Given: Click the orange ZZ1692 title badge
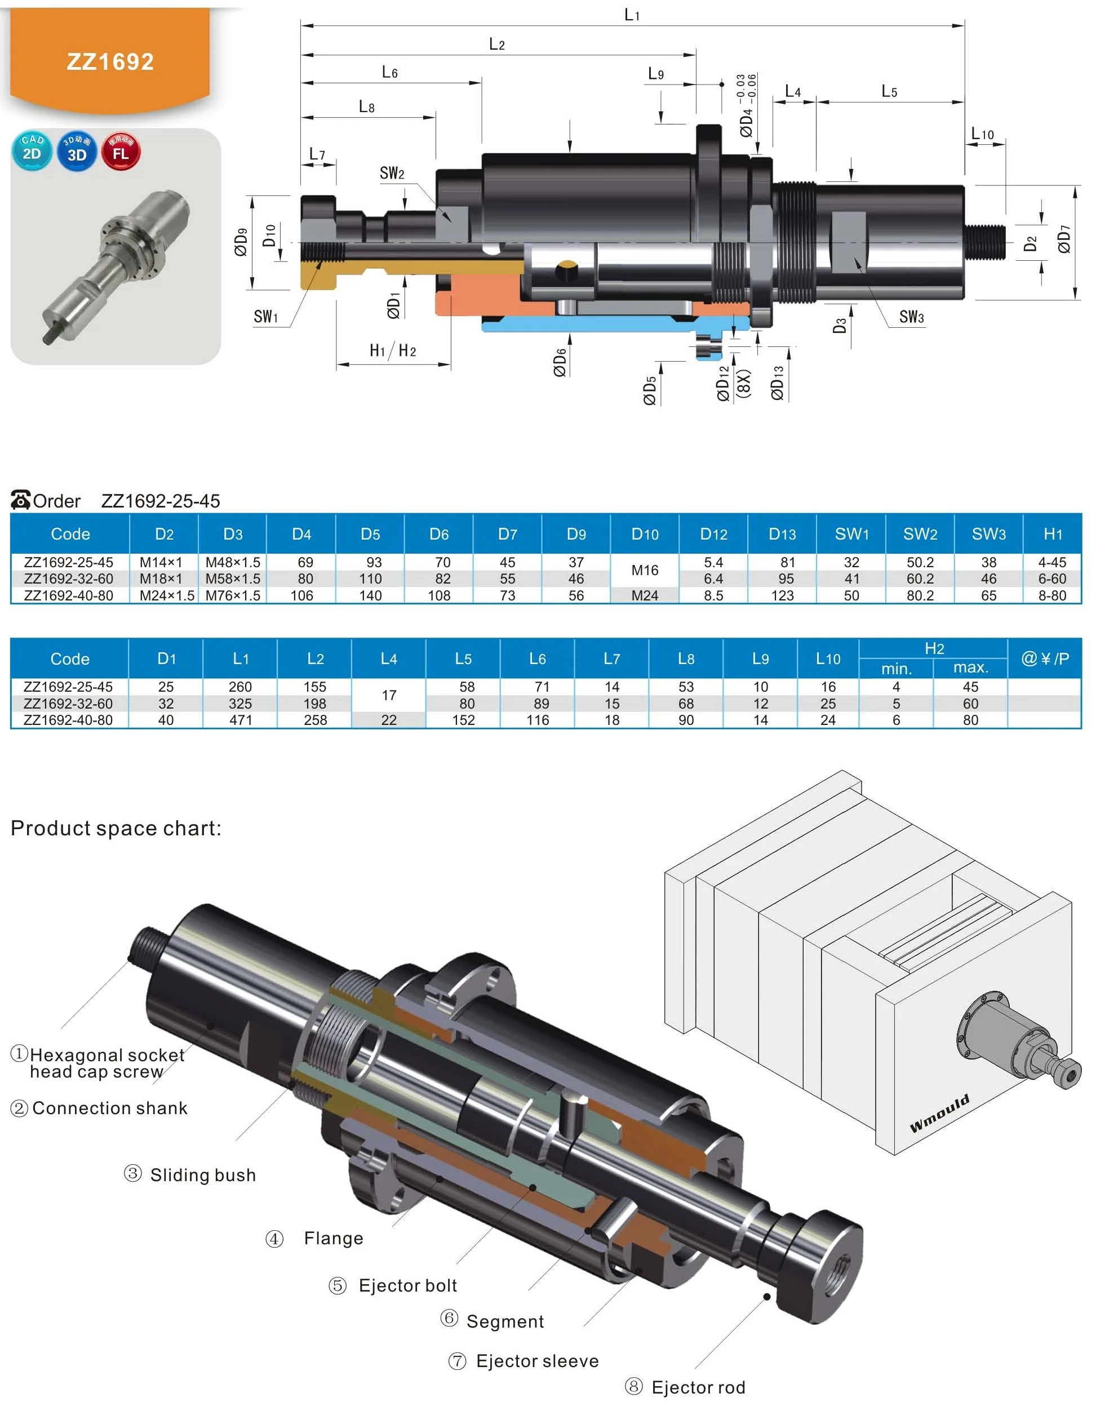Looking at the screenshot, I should [x=110, y=61].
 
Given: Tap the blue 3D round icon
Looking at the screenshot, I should [x=77, y=151].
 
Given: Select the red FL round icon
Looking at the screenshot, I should [x=121, y=151].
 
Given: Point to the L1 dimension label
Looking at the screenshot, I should [x=632, y=14].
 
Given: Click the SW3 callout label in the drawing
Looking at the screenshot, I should [x=911, y=317].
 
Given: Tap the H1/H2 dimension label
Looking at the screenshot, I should [x=392, y=351].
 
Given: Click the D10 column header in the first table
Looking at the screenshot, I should [x=644, y=535].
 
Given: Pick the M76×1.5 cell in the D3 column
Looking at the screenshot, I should [x=232, y=595].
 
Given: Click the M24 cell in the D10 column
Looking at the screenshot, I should [x=644, y=595].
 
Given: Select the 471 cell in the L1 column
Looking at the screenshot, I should [x=240, y=720].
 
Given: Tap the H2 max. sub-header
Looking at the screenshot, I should [x=970, y=667].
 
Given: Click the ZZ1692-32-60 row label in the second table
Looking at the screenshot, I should [x=68, y=704].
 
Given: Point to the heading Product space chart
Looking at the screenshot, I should [x=116, y=829].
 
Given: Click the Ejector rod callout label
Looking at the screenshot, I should [x=698, y=1387].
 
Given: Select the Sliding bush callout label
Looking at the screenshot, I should [x=202, y=1175].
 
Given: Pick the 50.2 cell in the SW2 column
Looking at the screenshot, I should [x=919, y=562].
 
